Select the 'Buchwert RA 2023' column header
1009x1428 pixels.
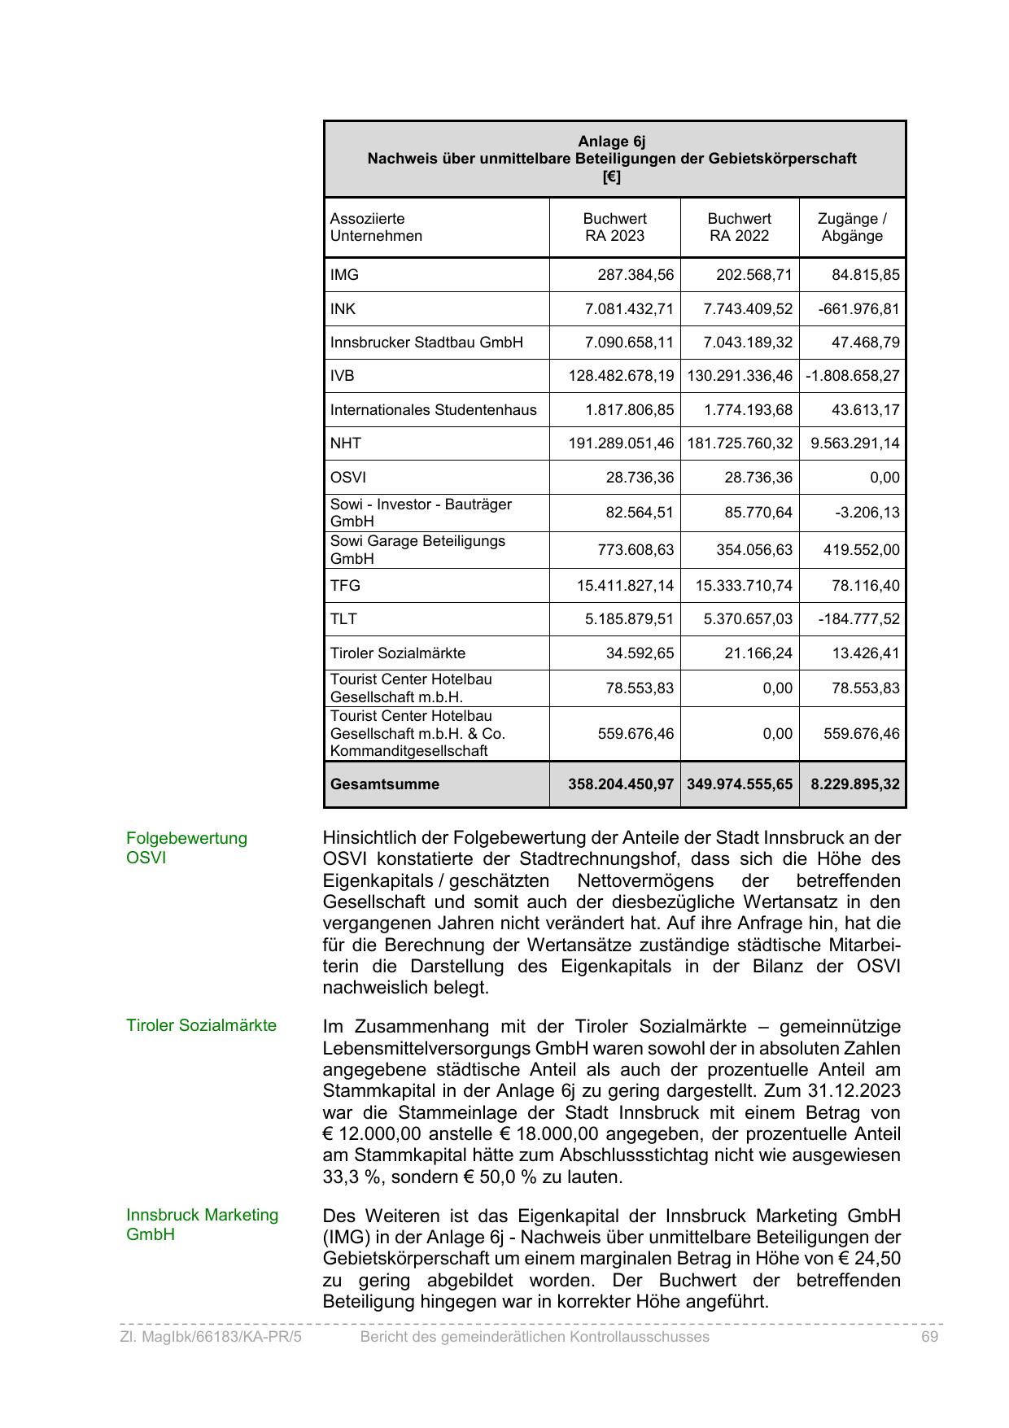click(614, 227)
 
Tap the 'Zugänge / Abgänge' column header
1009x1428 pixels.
click(852, 227)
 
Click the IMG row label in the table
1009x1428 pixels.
click(344, 275)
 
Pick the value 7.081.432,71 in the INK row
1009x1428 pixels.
click(629, 309)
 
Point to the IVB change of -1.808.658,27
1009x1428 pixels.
click(853, 376)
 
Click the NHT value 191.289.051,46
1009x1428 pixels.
click(621, 443)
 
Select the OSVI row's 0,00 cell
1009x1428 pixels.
click(885, 478)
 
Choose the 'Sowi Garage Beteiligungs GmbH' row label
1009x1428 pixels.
click(417, 550)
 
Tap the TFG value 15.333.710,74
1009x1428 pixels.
click(743, 586)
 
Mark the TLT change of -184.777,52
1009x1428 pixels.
click(859, 619)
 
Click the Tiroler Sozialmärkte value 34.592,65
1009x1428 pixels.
click(640, 653)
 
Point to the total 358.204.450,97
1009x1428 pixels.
click(621, 784)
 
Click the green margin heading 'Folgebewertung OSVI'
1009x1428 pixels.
click(186, 848)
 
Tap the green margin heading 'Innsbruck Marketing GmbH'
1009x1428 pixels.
click(202, 1225)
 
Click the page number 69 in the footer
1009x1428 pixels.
click(929, 1337)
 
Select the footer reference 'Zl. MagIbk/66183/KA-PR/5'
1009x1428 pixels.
click(211, 1337)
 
